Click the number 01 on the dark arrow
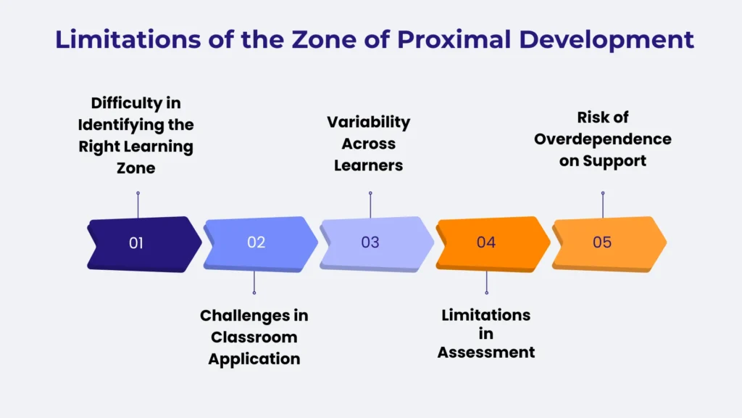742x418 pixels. coord(136,243)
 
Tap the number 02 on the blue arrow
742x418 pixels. coord(256,242)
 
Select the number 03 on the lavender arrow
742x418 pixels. coord(370,242)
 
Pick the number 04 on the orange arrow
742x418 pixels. coord(486,242)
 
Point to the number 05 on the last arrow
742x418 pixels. coord(602,242)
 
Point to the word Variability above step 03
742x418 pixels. coord(368,122)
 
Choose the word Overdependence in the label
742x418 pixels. coord(603,139)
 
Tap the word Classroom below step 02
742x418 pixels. coord(254,337)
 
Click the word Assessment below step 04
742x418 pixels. coord(486,353)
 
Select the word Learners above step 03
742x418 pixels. coord(368,165)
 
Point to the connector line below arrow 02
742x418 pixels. coord(254,281)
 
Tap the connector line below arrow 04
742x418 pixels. coord(486,281)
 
